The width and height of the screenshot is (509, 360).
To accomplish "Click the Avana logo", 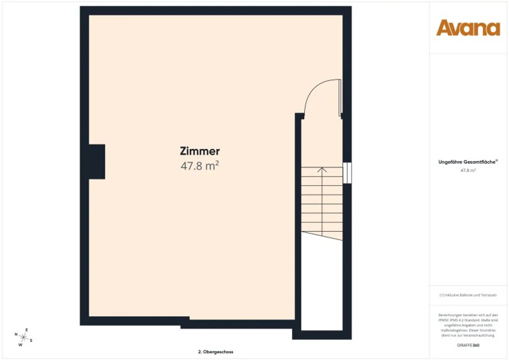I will pyautogui.click(x=468, y=28).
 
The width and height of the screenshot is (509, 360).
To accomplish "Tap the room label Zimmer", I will pyautogui.click(x=200, y=151).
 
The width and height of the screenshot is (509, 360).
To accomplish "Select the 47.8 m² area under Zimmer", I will pyautogui.click(x=199, y=166).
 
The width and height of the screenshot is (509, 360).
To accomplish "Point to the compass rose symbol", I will pyautogui.click(x=23, y=337).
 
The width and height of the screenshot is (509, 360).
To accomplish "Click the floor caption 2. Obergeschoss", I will pyautogui.click(x=215, y=352).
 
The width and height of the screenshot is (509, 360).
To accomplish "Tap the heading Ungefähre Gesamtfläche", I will pyautogui.click(x=467, y=162).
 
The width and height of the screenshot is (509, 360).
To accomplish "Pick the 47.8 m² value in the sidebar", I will pyautogui.click(x=468, y=171).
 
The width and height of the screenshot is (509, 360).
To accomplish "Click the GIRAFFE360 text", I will pyautogui.click(x=468, y=345).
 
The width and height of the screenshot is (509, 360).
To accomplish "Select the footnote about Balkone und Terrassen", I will pyautogui.click(x=468, y=295).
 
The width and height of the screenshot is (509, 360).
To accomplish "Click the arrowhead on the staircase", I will pyautogui.click(x=322, y=170).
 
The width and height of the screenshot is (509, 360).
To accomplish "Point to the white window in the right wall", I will pyautogui.click(x=347, y=173).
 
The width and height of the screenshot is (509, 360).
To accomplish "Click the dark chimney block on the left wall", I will pyautogui.click(x=97, y=162).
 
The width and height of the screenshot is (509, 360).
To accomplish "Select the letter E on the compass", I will pyautogui.click(x=27, y=330).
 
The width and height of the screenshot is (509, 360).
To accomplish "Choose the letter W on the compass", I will pyautogui.click(x=20, y=345).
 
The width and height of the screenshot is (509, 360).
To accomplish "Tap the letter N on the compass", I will pyautogui.click(x=16, y=334).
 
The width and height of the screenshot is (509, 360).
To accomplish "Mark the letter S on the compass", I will pyautogui.click(x=31, y=340).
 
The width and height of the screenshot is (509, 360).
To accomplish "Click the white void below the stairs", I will pyautogui.click(x=321, y=285).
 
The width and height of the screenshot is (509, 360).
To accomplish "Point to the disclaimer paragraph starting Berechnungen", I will pyautogui.click(x=468, y=325).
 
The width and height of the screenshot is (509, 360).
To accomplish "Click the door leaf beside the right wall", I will pyautogui.click(x=340, y=98).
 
